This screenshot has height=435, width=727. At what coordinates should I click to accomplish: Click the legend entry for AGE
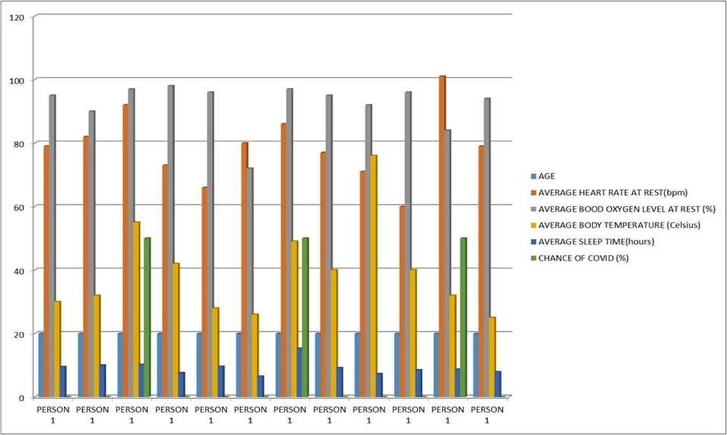[546, 176]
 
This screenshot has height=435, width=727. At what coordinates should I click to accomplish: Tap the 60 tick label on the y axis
[18, 207]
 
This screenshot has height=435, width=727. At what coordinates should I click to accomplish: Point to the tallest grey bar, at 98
[171, 242]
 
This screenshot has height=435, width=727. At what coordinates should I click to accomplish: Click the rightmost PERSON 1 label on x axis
[487, 415]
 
